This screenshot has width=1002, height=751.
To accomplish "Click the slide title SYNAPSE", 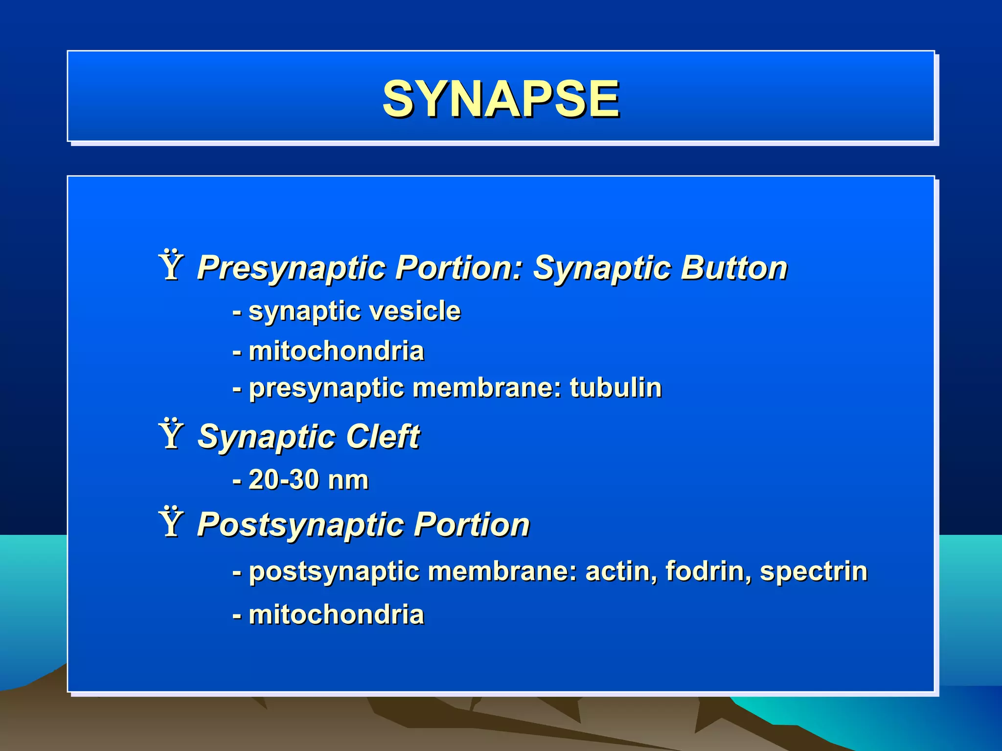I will click(x=501, y=99).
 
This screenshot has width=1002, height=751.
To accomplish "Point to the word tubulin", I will click(x=615, y=388).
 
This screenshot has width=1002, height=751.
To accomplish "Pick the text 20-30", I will click(x=284, y=480).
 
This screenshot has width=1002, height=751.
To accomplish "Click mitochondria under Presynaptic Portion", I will click(x=336, y=351).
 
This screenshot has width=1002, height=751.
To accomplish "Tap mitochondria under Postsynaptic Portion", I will click(x=336, y=615).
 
